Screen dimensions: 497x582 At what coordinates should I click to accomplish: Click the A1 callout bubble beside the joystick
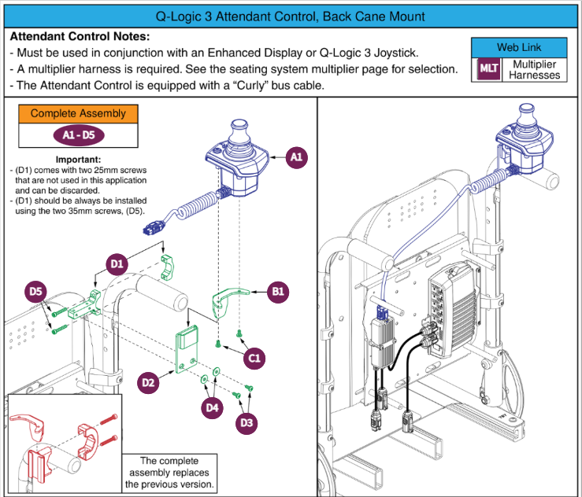point(296,157)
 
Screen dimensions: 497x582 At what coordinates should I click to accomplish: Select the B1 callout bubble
point(277,292)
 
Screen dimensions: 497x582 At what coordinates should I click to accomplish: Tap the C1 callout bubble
point(254,359)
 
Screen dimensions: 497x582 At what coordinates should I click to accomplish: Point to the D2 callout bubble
point(147,383)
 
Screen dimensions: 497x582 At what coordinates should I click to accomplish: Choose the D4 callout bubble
point(211,407)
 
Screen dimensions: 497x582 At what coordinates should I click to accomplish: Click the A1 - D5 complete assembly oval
point(78,134)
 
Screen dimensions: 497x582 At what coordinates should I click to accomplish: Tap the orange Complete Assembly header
point(78,113)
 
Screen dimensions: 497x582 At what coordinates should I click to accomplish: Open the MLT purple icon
point(487,69)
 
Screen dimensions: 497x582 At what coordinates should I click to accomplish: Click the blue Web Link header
point(519,47)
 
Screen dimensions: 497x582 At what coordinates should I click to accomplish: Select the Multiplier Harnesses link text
point(535,69)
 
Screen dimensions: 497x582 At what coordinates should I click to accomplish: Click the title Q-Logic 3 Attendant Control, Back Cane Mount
point(291,17)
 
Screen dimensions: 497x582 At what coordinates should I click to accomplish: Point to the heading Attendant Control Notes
point(80,37)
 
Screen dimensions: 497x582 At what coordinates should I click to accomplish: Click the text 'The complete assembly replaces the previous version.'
point(169,473)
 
